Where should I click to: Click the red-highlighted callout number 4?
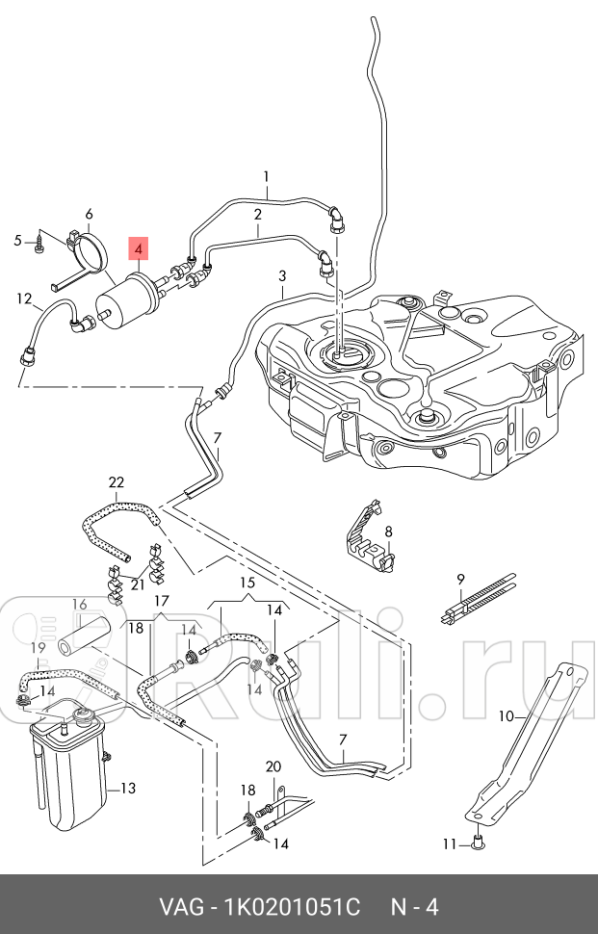[x=140, y=250]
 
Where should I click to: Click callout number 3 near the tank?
[x=282, y=276]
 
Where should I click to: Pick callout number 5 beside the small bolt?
[x=17, y=240]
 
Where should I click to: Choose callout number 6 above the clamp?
[x=89, y=214]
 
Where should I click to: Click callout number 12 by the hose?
[x=23, y=298]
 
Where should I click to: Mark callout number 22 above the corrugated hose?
[x=117, y=482]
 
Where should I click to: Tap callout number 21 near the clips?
[x=137, y=584]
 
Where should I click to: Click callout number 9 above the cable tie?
[x=460, y=578]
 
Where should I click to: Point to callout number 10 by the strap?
[x=507, y=715]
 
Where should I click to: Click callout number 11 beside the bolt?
[x=448, y=844]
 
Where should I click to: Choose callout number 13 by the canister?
[x=127, y=789]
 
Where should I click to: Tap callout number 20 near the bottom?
[x=273, y=766]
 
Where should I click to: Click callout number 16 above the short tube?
[x=79, y=604]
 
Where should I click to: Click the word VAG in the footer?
[x=181, y=907]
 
